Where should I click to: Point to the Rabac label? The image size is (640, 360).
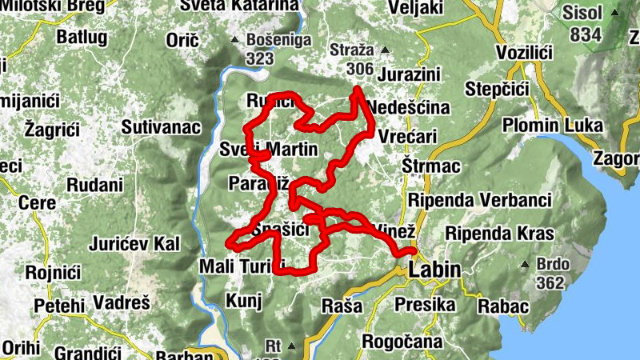click(x=503, y=306)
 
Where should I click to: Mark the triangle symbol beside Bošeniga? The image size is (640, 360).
click(x=234, y=39)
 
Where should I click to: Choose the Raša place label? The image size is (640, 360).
click(x=342, y=306)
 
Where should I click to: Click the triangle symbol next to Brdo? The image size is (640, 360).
click(x=525, y=264)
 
